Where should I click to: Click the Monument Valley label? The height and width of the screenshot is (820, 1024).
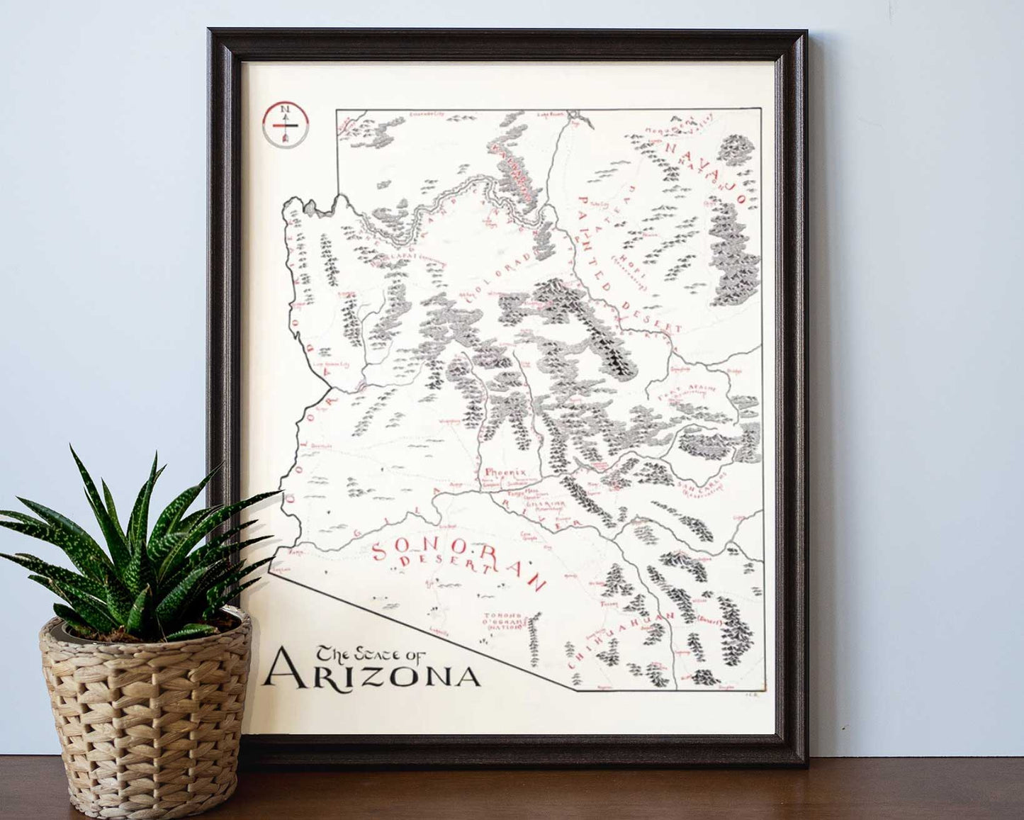[x=677, y=124]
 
